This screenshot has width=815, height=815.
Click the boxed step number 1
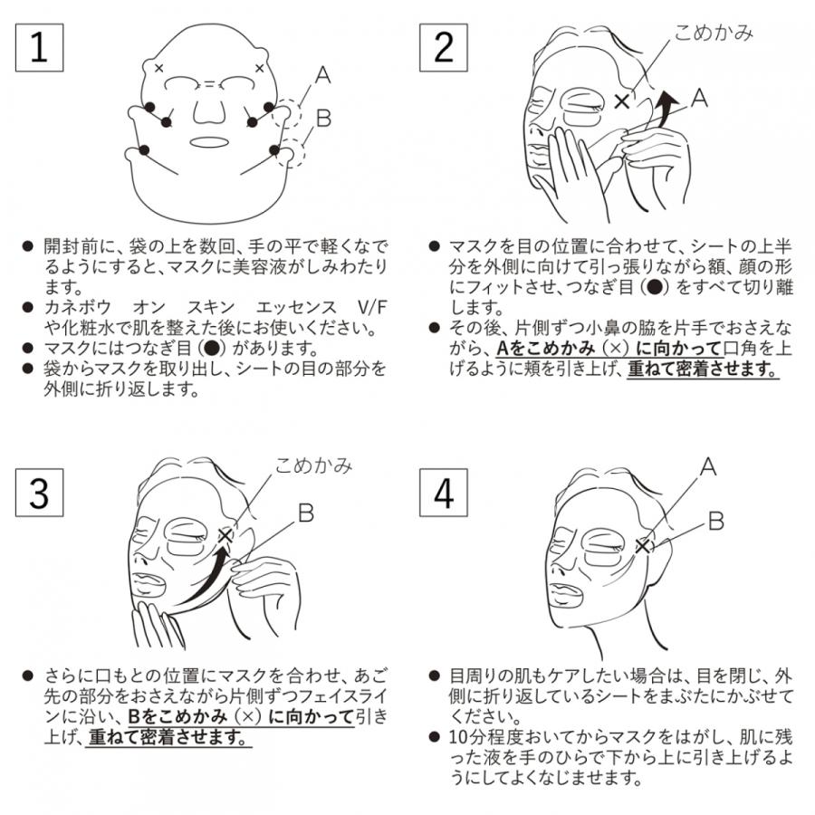[39, 47]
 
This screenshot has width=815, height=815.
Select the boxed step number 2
[444, 47]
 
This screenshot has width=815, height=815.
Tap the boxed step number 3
[39, 494]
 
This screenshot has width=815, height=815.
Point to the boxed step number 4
[444, 494]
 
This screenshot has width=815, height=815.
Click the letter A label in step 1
[322, 76]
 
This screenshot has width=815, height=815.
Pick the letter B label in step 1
[322, 119]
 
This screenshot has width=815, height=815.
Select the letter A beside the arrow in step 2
[699, 99]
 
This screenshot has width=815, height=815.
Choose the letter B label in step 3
[305, 513]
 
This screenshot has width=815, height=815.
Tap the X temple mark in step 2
[622, 101]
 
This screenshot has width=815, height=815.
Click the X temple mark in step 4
[643, 545]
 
